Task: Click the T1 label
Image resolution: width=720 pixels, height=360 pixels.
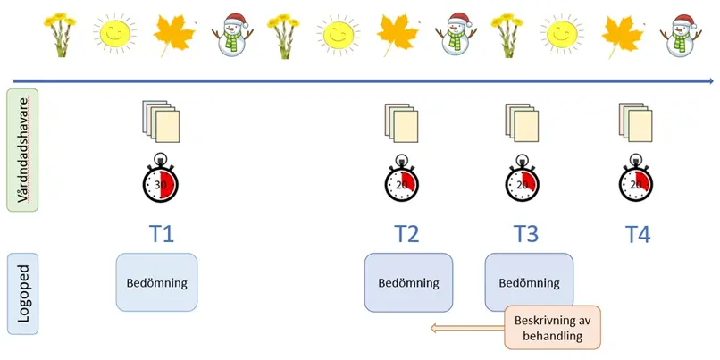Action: click(161, 234)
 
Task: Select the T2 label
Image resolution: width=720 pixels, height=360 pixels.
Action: click(406, 234)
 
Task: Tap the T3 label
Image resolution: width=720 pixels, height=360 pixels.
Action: click(526, 234)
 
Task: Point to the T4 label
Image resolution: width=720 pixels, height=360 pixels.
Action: click(637, 234)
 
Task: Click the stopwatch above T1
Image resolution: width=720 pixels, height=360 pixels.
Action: click(162, 182)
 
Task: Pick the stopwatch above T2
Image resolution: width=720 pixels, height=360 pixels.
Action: click(403, 182)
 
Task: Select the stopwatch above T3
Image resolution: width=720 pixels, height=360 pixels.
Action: click(523, 182)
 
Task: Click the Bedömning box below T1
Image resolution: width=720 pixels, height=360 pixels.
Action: click(157, 282)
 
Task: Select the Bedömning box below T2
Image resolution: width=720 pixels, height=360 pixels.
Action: click(408, 283)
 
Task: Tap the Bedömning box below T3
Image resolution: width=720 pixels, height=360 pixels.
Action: click(529, 283)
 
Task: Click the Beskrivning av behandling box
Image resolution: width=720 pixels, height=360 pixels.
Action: click(553, 328)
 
